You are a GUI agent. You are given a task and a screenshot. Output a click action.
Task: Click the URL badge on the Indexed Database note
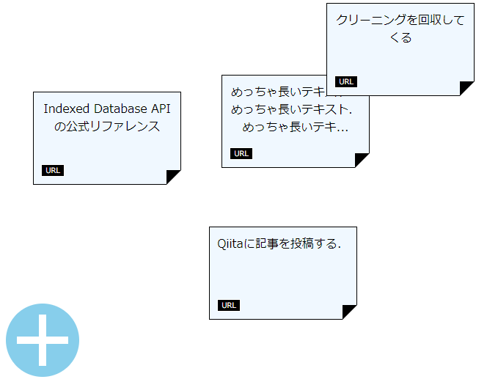(x=53, y=171)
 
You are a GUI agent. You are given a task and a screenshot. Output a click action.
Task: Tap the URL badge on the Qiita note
(x=229, y=305)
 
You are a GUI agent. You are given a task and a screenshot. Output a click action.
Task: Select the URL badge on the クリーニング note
(x=345, y=82)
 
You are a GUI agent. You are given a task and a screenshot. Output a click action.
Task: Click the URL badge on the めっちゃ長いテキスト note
(x=241, y=153)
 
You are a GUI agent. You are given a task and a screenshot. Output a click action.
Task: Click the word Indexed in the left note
(x=64, y=109)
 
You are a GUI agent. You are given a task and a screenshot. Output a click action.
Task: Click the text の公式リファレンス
(x=107, y=126)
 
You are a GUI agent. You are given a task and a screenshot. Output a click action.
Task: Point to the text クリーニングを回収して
(x=400, y=21)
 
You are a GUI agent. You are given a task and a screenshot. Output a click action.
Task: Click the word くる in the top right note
(x=400, y=38)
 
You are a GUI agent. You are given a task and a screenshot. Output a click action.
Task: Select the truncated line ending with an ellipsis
(x=295, y=128)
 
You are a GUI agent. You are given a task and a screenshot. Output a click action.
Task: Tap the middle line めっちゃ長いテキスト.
(x=291, y=110)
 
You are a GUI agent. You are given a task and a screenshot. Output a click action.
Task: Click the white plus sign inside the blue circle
(x=43, y=340)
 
